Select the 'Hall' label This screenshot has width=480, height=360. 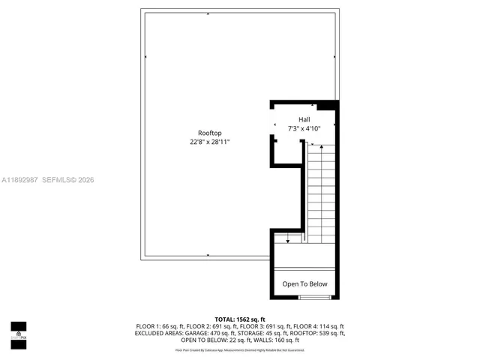pos(304,119)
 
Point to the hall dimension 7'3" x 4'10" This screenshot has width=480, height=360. pos(304,128)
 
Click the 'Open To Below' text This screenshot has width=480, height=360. pos(304,284)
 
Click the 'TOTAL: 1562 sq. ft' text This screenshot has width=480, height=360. pos(239,319)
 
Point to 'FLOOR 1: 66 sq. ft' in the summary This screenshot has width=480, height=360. pos(160,326)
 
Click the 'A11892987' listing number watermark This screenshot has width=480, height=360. pos(20,180)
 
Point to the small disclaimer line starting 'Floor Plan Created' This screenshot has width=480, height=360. pos(239,349)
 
